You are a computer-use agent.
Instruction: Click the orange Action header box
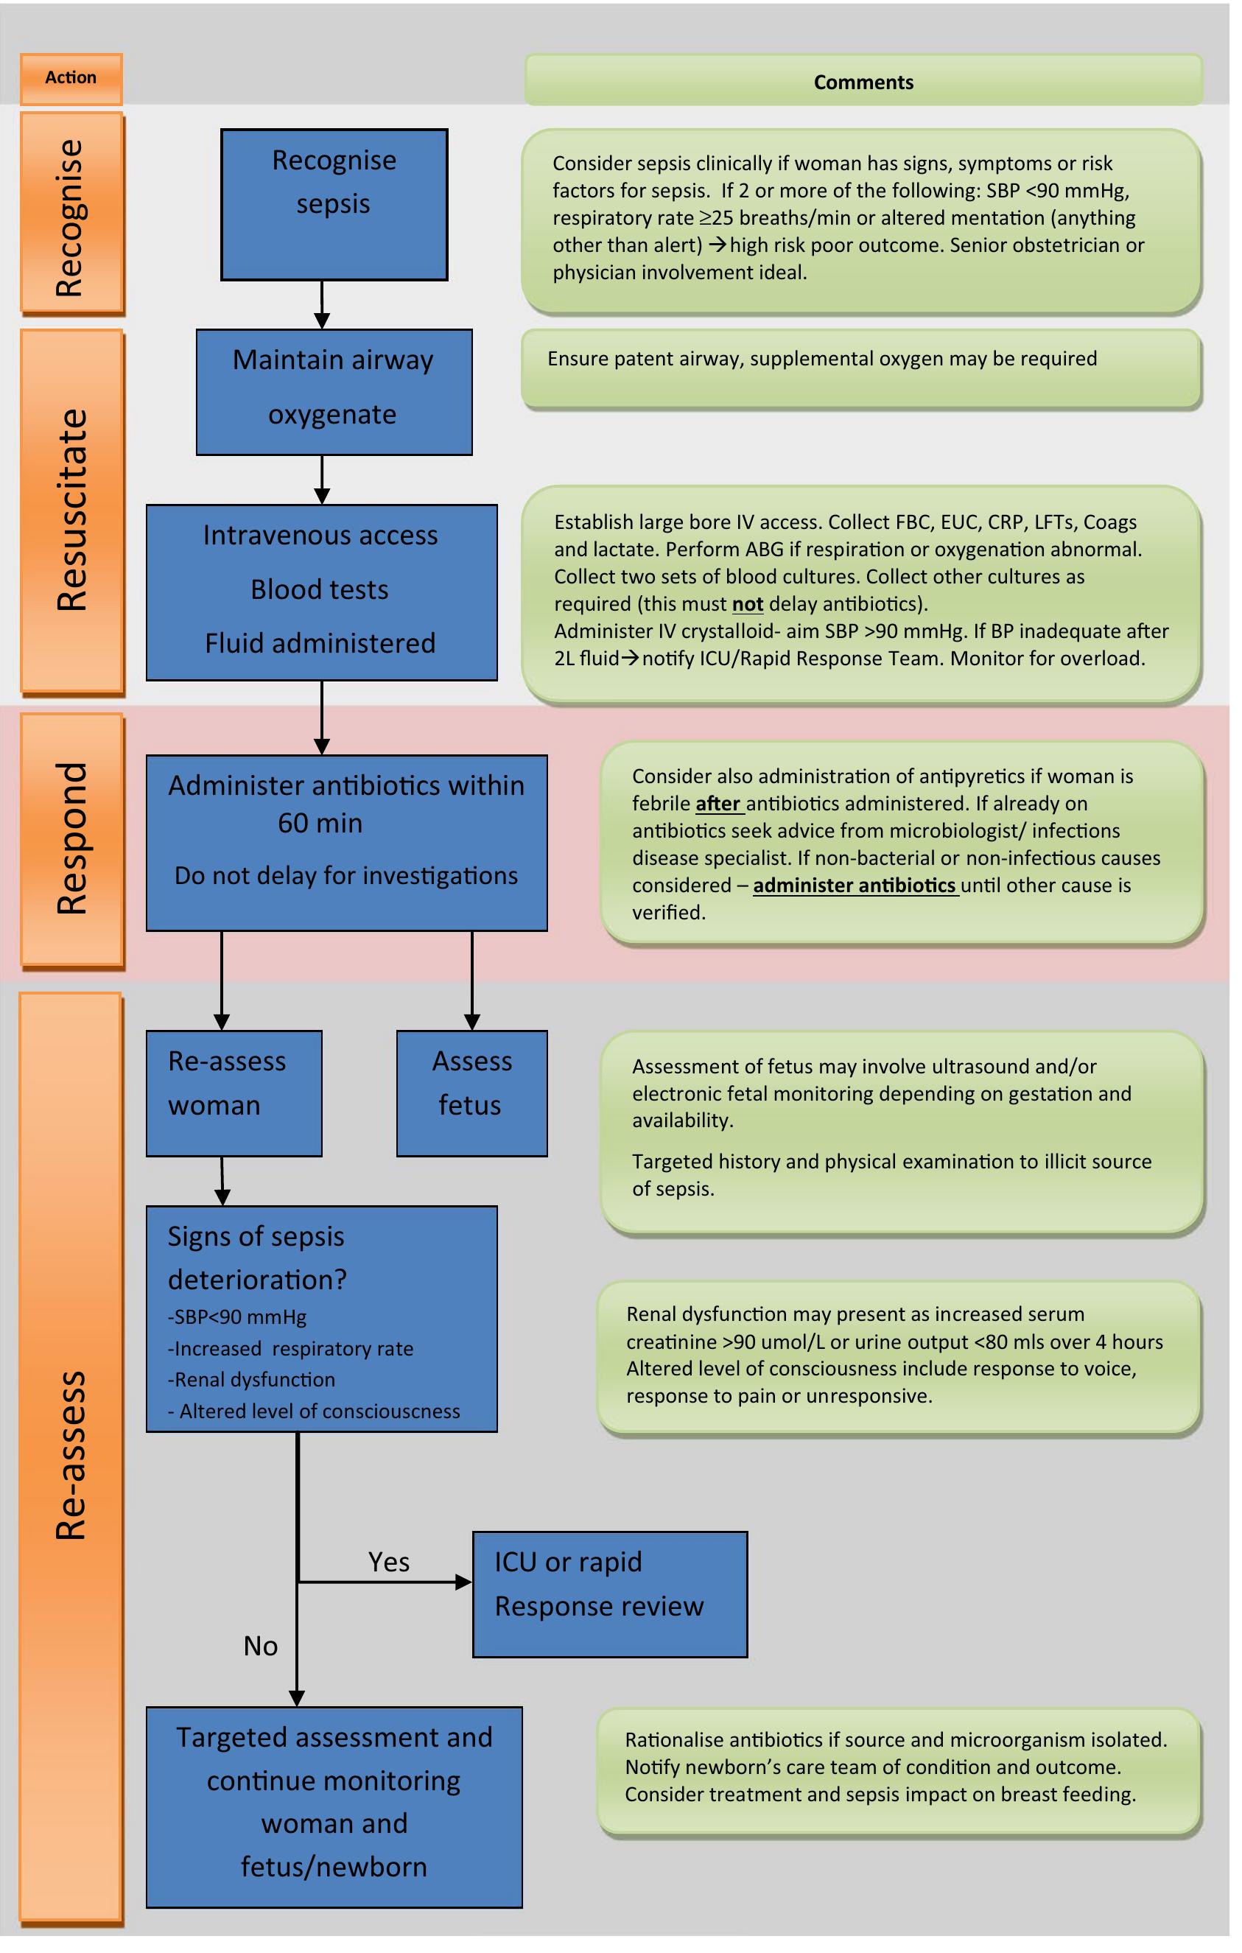pyautogui.click(x=71, y=79)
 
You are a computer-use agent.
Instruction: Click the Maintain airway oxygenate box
pyautogui.click(x=334, y=392)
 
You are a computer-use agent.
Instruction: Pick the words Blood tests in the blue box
pyautogui.click(x=320, y=589)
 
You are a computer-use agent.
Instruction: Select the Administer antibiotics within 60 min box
pyautogui.click(x=346, y=843)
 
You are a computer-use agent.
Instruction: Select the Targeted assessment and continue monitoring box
pyautogui.click(x=334, y=1808)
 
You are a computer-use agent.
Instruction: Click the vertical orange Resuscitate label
pyautogui.click(x=71, y=511)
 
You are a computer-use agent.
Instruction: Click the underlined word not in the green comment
pyautogui.click(x=747, y=604)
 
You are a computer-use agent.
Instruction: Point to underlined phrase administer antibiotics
pyautogui.click(x=855, y=886)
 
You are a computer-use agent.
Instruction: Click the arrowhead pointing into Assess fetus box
pyautogui.click(x=472, y=1022)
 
